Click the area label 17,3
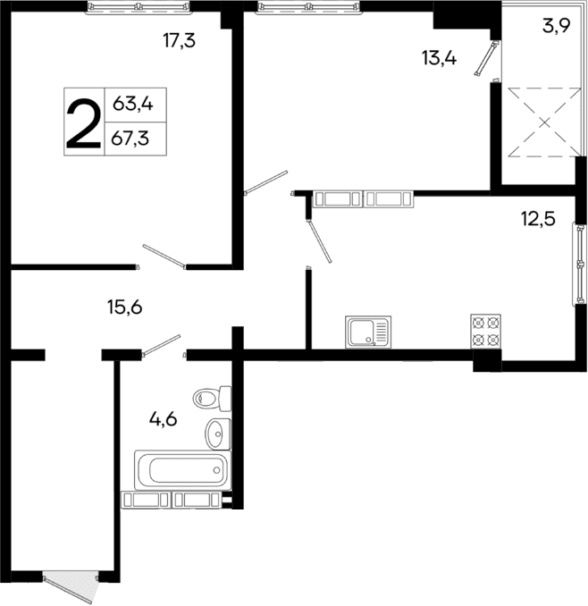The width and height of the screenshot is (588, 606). [180, 41]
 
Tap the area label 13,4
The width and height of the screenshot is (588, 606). [440, 59]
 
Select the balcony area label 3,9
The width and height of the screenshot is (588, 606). [556, 26]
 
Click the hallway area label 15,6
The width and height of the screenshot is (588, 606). [125, 307]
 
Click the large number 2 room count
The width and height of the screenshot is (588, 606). [83, 123]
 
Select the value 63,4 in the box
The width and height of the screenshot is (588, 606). [133, 105]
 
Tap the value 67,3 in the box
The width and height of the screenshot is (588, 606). [133, 138]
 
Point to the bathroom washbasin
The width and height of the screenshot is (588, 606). [217, 433]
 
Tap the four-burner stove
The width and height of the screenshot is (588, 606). [485, 331]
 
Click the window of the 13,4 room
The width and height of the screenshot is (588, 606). [307, 7]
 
